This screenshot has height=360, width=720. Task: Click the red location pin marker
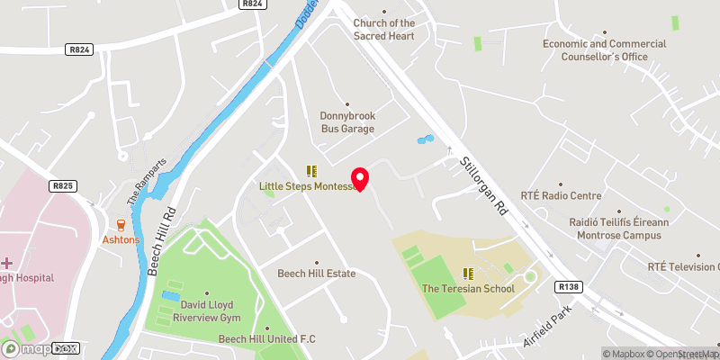(x=360, y=179)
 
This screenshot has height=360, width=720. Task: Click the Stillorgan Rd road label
(x=485, y=187)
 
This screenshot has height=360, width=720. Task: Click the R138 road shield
(x=568, y=287)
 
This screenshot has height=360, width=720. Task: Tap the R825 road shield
(x=62, y=185)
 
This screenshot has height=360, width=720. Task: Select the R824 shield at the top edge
(x=252, y=4)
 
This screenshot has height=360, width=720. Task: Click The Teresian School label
(x=468, y=289)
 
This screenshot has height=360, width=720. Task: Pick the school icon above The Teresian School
(x=468, y=273)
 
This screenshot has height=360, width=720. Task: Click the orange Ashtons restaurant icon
(x=120, y=225)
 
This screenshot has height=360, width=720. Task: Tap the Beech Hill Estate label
(x=316, y=274)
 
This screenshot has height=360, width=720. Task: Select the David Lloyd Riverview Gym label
(x=207, y=310)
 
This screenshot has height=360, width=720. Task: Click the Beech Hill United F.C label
(x=267, y=339)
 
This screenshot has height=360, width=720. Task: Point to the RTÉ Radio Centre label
(x=561, y=194)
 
